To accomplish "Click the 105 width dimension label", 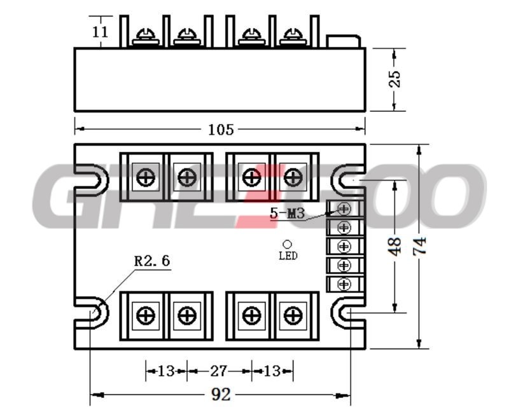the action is click(221, 130).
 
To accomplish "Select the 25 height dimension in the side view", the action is click(394, 79).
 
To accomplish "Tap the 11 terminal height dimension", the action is click(100, 32).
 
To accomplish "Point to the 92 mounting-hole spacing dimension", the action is click(221, 395).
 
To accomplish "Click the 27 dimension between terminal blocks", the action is click(218, 371).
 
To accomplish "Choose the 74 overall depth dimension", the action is click(419, 246).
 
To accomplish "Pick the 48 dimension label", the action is click(395, 247).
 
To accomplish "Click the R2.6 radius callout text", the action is click(152, 261).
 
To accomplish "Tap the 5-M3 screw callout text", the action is click(288, 214).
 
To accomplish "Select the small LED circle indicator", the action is click(288, 244).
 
